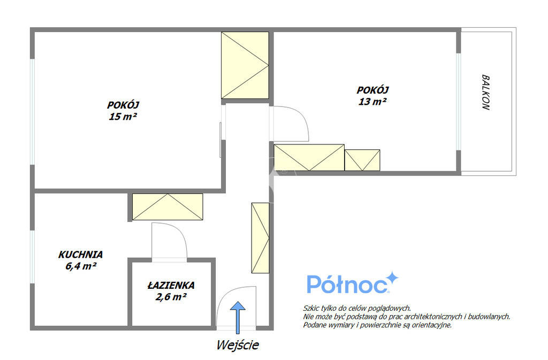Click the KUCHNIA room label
pos(80,255)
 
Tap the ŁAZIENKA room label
pos(171,285)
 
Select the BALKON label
pos(486,92)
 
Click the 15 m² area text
pos(123,116)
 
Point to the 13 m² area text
pos(372,101)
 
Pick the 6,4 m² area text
pos(81,266)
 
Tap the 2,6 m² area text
pos(171,297)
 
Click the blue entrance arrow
pos(238,317)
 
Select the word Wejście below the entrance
pos(238,345)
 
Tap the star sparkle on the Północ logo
pos(392,278)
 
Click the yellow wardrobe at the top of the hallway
pos(245,65)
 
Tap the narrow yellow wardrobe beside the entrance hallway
pos(261,238)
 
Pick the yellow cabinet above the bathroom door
pos(168,206)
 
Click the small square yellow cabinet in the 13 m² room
pos(362,160)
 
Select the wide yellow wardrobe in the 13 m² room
pos(309,157)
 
